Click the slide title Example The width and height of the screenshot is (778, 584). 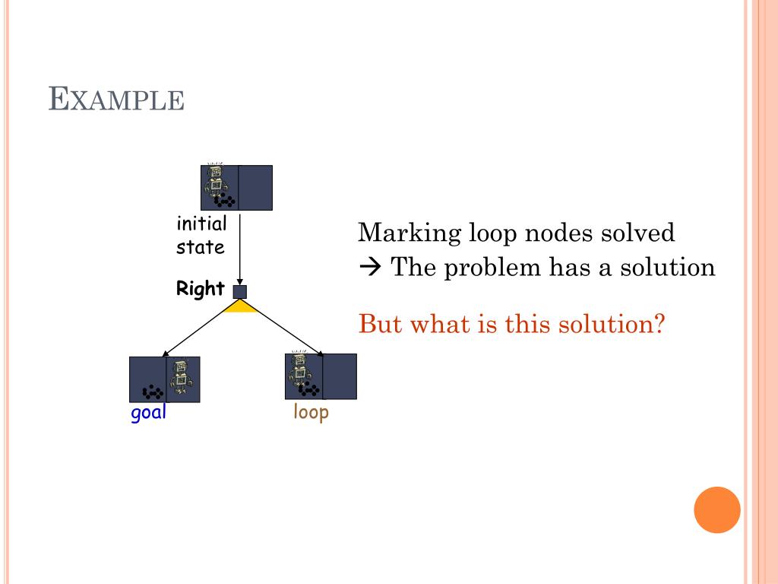[x=116, y=99]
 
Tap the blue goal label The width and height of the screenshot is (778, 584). [x=148, y=414]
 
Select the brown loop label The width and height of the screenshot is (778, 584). [x=311, y=413]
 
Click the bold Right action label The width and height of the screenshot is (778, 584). [x=201, y=289]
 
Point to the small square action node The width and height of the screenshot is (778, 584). [x=240, y=292]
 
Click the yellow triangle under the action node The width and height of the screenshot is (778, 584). [x=241, y=306]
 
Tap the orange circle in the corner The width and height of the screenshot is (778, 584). [x=716, y=509]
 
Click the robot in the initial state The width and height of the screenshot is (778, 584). [x=216, y=181]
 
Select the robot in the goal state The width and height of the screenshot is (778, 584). [x=182, y=376]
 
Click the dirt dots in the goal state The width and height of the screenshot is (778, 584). [x=153, y=392]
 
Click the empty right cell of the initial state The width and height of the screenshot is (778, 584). [x=255, y=187]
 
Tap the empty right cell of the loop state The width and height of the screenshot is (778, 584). [x=340, y=376]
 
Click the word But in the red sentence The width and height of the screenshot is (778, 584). [x=379, y=325]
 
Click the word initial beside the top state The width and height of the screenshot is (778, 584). [x=201, y=224]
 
